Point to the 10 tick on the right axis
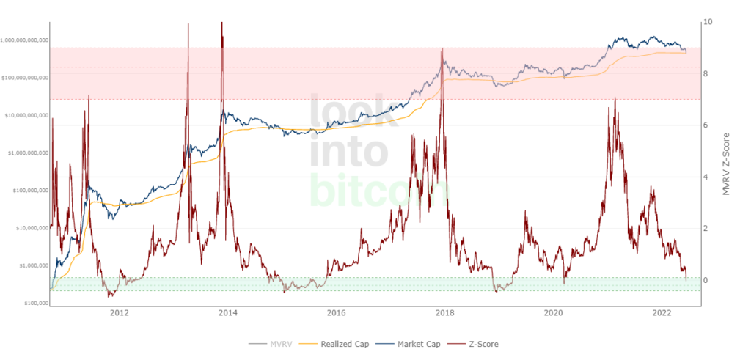706,22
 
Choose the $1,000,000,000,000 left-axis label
26,40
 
